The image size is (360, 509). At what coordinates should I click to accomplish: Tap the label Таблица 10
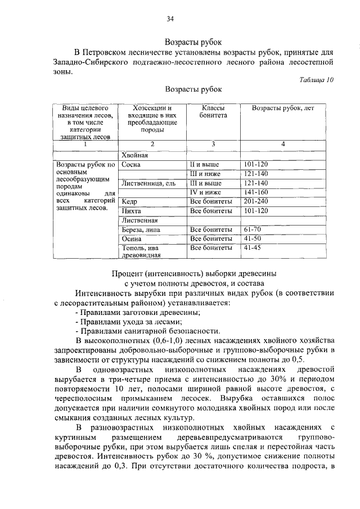317,80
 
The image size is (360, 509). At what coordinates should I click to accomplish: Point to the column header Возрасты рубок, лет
283,107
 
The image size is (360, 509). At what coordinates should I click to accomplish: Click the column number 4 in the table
283,145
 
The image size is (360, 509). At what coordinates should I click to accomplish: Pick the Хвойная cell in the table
135,155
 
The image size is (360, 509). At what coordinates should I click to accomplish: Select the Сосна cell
130,165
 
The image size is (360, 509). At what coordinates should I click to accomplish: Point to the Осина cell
131,238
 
